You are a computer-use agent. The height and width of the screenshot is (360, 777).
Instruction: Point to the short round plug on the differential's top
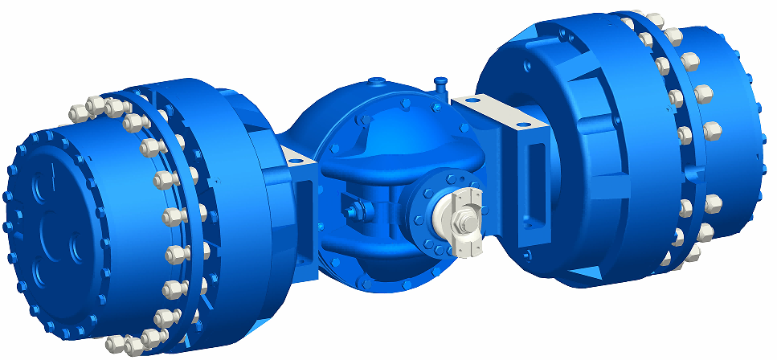click(377, 82)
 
